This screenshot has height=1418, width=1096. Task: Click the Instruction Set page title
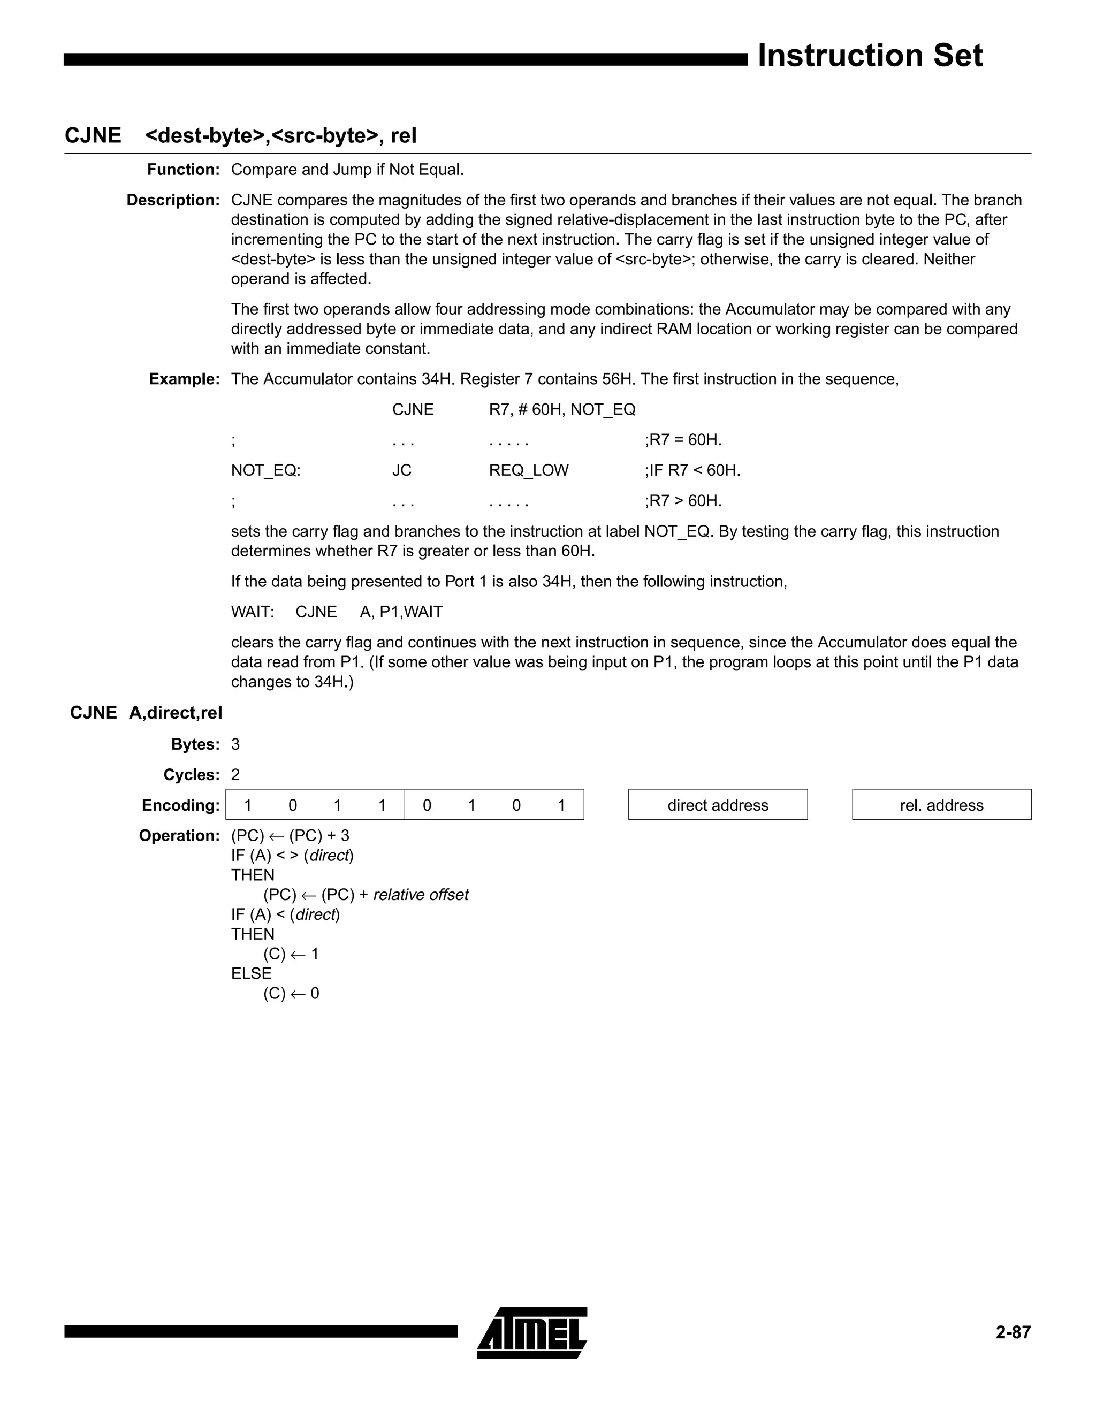pyautogui.click(x=870, y=56)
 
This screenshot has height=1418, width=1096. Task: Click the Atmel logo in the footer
pyautogui.click(x=532, y=1333)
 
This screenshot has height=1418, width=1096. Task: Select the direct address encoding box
pyautogui.click(x=718, y=805)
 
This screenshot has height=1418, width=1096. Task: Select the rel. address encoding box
pyautogui.click(x=941, y=805)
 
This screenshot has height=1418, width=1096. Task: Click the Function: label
pyautogui.click(x=184, y=170)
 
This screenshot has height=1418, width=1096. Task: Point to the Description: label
pyautogui.click(x=173, y=201)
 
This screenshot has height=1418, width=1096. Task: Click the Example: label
pyautogui.click(x=185, y=379)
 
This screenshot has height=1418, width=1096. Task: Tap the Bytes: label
pyautogui.click(x=195, y=745)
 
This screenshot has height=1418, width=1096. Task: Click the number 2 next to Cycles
pyautogui.click(x=235, y=775)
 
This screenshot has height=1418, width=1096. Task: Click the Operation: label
pyautogui.click(x=179, y=836)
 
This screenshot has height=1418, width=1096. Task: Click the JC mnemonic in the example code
pyautogui.click(x=402, y=471)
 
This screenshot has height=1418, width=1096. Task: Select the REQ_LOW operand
pyautogui.click(x=529, y=471)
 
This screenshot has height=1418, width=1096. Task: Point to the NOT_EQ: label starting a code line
pyautogui.click(x=265, y=471)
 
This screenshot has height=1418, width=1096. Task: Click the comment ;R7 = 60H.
pyautogui.click(x=683, y=440)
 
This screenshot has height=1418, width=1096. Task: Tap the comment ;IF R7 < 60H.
pyautogui.click(x=692, y=471)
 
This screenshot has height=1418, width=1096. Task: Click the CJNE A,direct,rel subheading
pyautogui.click(x=146, y=713)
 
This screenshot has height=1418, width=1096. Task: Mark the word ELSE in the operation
pyautogui.click(x=252, y=974)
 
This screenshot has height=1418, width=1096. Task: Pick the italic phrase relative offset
pyautogui.click(x=421, y=895)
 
